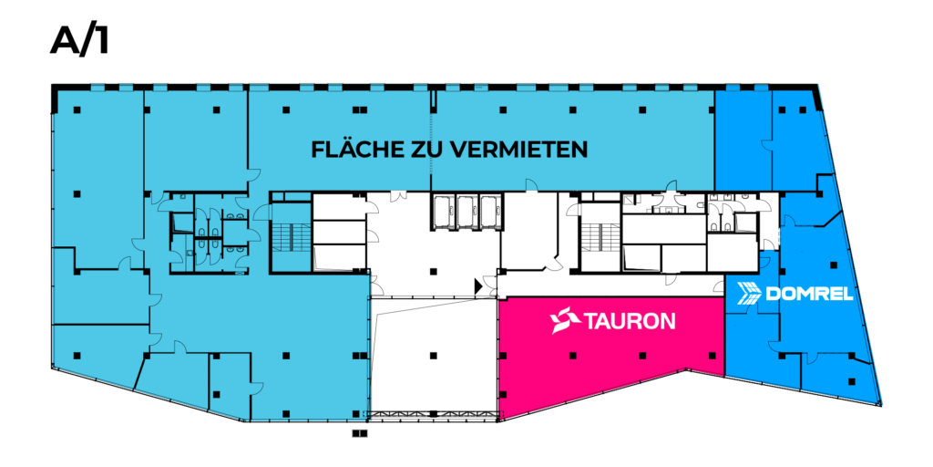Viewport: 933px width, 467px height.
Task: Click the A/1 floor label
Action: coord(80,41)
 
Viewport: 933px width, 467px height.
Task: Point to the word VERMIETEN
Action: coord(518,149)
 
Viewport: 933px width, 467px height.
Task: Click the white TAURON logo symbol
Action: coord(565,320)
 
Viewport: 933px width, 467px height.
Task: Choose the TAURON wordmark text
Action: coord(631,322)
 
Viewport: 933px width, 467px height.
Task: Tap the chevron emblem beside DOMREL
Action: coord(749,293)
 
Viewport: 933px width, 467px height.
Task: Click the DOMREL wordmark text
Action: coord(809,294)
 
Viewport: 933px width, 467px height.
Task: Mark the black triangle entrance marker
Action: coord(478,285)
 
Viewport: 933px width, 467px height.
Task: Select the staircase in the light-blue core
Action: coord(291,238)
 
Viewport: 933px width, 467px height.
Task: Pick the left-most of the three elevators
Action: coord(444,212)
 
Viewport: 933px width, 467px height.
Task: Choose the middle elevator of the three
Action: coord(467,212)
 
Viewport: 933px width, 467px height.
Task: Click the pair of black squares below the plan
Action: coord(359,433)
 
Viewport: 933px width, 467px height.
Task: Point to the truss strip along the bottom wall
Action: coord(433,414)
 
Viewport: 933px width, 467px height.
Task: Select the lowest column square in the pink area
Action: coord(503,394)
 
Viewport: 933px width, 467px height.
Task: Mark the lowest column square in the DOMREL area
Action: coord(852,382)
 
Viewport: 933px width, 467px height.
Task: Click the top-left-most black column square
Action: coord(77,109)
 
